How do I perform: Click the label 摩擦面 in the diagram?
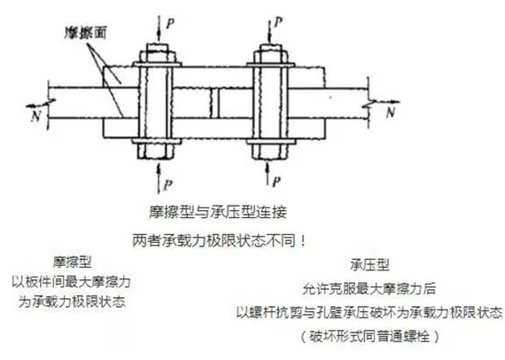pyautogui.click(x=85, y=33)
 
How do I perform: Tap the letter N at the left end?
pyautogui.click(x=35, y=115)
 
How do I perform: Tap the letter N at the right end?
pyautogui.click(x=391, y=112)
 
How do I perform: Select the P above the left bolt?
pyautogui.click(x=170, y=22)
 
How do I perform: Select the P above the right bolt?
pyautogui.click(x=277, y=22)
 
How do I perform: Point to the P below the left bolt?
pyautogui.click(x=167, y=185)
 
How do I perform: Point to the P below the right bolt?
pyautogui.click(x=276, y=181)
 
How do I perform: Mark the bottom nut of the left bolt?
pyautogui.click(x=156, y=151)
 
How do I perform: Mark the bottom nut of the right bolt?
pyautogui.click(x=270, y=151)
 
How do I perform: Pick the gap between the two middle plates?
pyautogui.click(x=214, y=103)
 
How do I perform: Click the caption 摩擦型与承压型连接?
pyautogui.click(x=218, y=212)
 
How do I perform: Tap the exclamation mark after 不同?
pyautogui.click(x=302, y=241)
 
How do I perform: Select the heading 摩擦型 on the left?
pyautogui.click(x=73, y=262)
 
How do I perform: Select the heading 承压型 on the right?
pyautogui.click(x=369, y=265)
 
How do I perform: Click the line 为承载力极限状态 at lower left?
pyautogui.click(x=72, y=302)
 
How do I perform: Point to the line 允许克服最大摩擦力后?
pyautogui.click(x=369, y=289)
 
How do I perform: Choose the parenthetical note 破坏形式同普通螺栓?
pyautogui.click(x=369, y=336)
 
